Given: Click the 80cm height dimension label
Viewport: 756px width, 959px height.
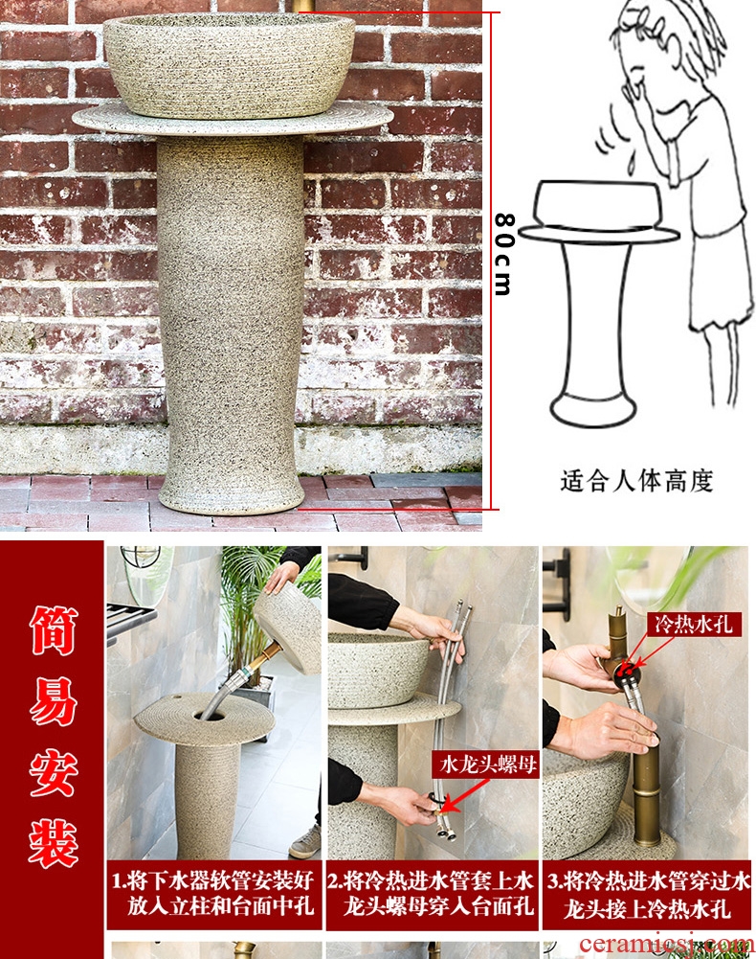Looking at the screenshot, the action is point(503,254).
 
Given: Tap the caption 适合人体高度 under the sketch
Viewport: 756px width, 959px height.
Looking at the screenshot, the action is point(636,480).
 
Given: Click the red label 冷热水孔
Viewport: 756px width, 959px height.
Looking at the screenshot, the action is point(694,624).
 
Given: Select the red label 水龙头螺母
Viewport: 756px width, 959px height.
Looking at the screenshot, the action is point(486,765).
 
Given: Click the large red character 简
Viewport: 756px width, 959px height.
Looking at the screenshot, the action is point(54,630).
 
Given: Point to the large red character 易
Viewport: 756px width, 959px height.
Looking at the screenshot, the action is point(54,701).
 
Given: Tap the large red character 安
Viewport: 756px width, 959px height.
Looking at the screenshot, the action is point(54,773).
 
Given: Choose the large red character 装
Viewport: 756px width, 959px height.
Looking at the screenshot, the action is point(54,844).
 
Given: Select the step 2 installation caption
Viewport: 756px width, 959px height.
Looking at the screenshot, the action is point(432,894).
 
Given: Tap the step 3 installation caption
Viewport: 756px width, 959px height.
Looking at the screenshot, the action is point(648,894).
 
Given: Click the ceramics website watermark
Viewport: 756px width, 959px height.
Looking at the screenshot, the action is point(665,944).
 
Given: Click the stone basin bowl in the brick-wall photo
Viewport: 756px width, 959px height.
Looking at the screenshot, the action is point(229,65).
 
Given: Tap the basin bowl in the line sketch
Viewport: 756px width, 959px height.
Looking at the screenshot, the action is point(598,205).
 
